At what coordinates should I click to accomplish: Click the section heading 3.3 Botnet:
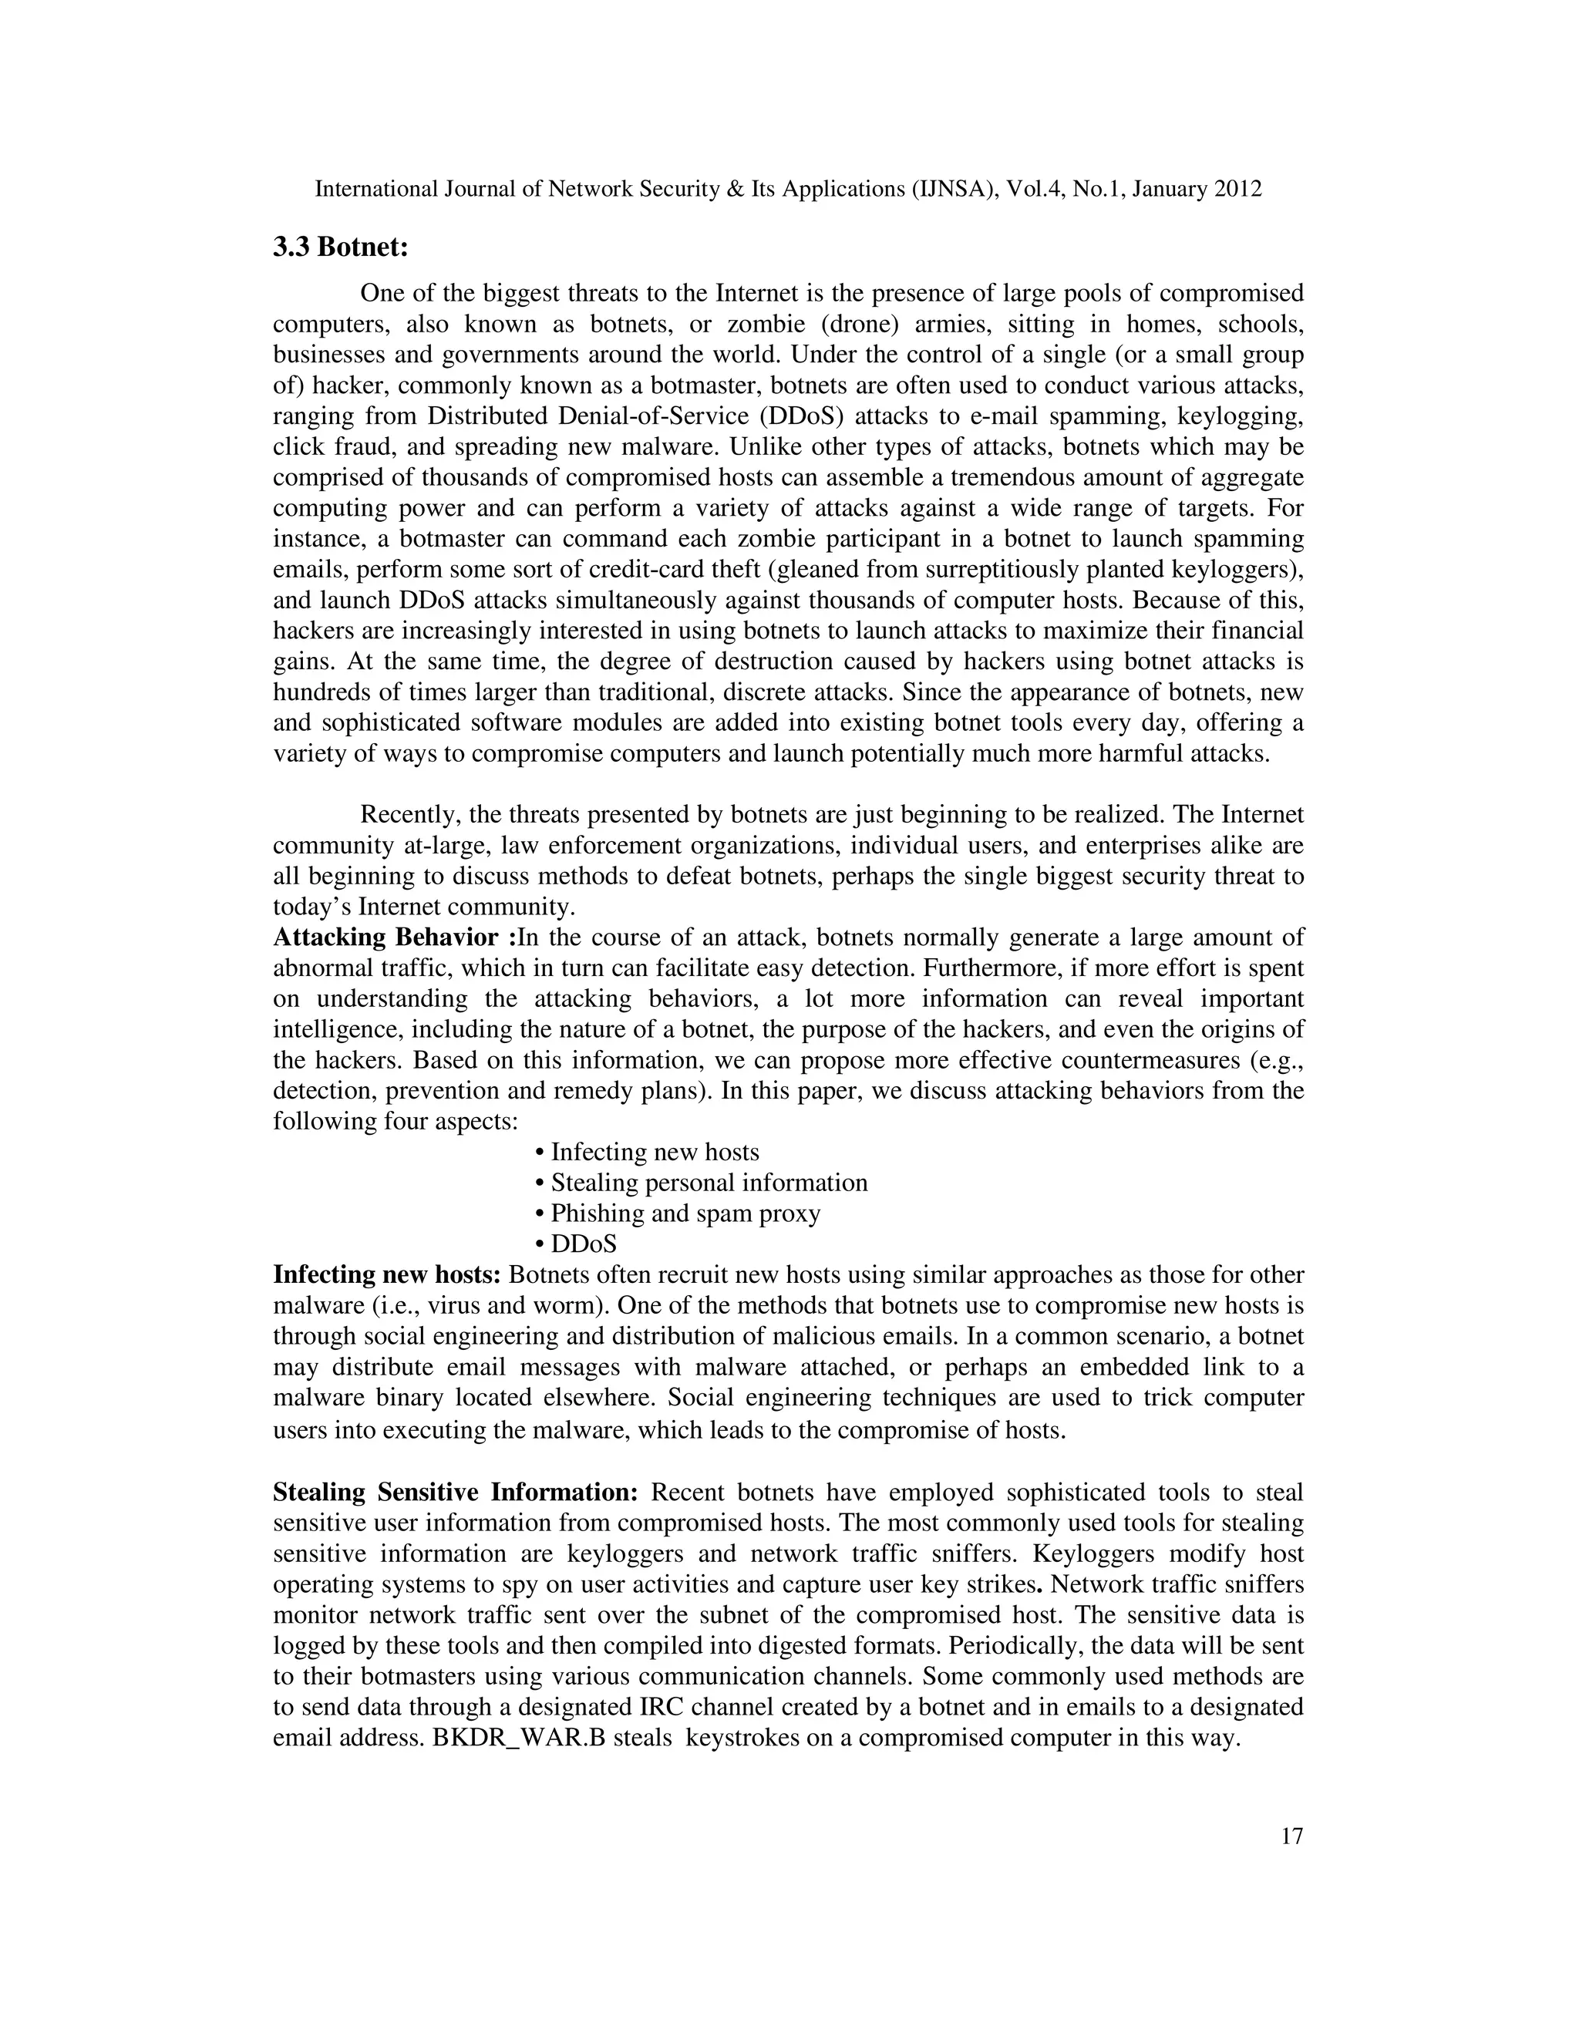[342, 248]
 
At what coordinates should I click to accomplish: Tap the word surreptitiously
[1023, 570]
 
